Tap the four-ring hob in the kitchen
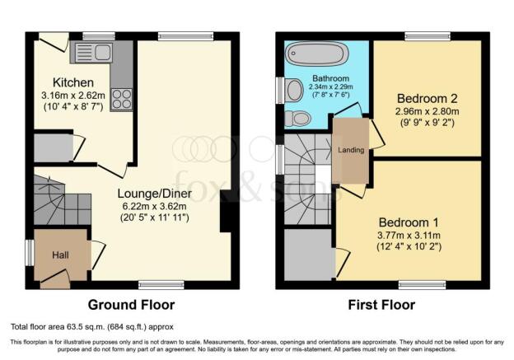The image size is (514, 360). coord(122,100)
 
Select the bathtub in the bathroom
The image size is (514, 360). coord(315,54)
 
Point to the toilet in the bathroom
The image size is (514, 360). coord(297,119)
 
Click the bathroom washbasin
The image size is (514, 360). coord(294,90)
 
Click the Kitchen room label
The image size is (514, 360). coord(73,82)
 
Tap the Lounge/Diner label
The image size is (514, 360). coord(154,194)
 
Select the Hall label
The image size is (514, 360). coord(60,255)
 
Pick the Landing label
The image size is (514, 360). coord(351,150)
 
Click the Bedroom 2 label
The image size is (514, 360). coord(428,98)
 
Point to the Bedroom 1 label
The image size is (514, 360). coord(409,222)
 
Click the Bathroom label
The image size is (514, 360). coord(330,78)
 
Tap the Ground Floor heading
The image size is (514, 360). coord(131,305)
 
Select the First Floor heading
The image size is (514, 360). coord(381,305)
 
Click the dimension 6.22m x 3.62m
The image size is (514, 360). coord(154,207)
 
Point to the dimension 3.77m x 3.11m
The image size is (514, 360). coord(409,235)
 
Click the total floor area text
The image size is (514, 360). coord(92,326)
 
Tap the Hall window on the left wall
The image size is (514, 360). coord(30,253)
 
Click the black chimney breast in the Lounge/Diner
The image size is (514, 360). coord(226,211)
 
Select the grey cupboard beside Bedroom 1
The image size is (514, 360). coord(308,255)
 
